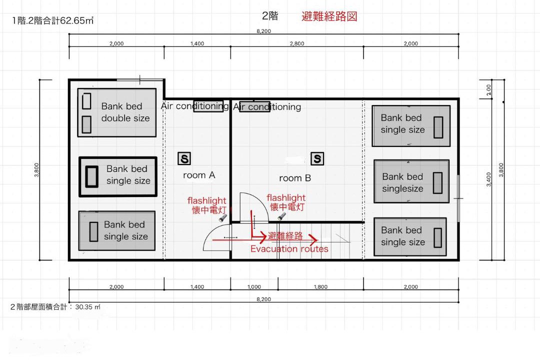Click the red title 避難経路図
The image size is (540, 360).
tap(329, 16)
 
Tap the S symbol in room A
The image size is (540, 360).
tap(184, 159)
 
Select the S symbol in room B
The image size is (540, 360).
tap(317, 158)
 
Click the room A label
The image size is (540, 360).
tap(199, 175)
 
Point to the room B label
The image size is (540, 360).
tap(295, 178)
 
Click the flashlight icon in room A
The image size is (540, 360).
tap(222, 217)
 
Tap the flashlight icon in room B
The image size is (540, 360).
tap(281, 216)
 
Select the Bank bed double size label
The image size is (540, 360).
tap(125, 112)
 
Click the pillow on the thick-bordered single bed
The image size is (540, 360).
tap(91, 176)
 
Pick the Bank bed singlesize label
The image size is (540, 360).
tap(402, 182)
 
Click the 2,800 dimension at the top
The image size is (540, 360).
tap(297, 43)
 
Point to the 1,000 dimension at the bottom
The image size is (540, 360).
tap(254, 286)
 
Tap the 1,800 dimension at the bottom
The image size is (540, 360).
tap(320, 286)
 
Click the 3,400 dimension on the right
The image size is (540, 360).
tap(488, 179)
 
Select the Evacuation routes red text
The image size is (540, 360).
tap(289, 248)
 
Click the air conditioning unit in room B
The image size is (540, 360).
tap(254, 107)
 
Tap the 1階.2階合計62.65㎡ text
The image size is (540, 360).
tap(52, 20)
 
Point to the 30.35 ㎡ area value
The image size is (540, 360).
tap(88, 307)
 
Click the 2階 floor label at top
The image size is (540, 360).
tap(270, 16)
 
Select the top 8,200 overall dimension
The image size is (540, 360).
tap(264, 31)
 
